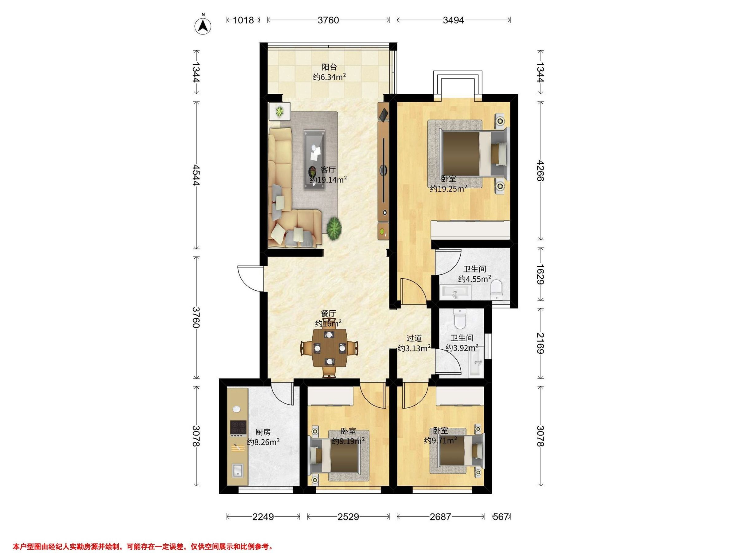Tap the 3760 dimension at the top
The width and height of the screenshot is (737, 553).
pyautogui.click(x=328, y=20)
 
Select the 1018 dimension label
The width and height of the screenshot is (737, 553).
pyautogui.click(x=243, y=20)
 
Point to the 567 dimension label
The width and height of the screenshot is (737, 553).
pyautogui.click(x=501, y=517)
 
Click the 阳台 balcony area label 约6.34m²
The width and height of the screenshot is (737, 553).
pyautogui.click(x=329, y=77)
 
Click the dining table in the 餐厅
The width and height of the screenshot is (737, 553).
pyautogui.click(x=330, y=348)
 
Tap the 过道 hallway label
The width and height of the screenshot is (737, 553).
pyautogui.click(x=414, y=338)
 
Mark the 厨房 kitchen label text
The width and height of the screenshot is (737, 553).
pyautogui.click(x=263, y=432)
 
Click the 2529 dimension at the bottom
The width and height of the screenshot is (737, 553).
pyautogui.click(x=348, y=517)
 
